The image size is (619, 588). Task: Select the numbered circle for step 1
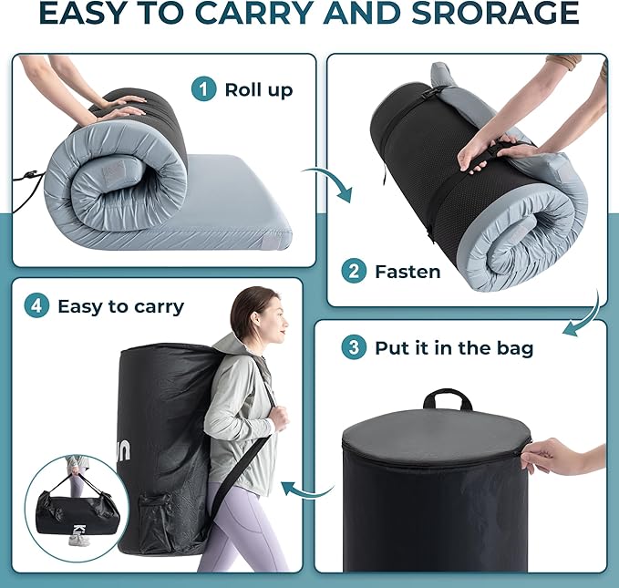click(203, 90)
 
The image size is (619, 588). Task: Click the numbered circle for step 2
click(353, 271)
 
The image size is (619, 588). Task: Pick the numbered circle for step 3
click(353, 347)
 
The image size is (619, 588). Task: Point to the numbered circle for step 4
click(36, 305)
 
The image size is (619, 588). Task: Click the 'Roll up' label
click(259, 90)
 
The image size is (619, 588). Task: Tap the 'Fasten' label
click(408, 271)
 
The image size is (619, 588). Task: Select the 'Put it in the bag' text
click(454, 347)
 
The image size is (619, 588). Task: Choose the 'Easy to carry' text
click(120, 305)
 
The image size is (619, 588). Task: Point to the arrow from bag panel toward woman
click(305, 490)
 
